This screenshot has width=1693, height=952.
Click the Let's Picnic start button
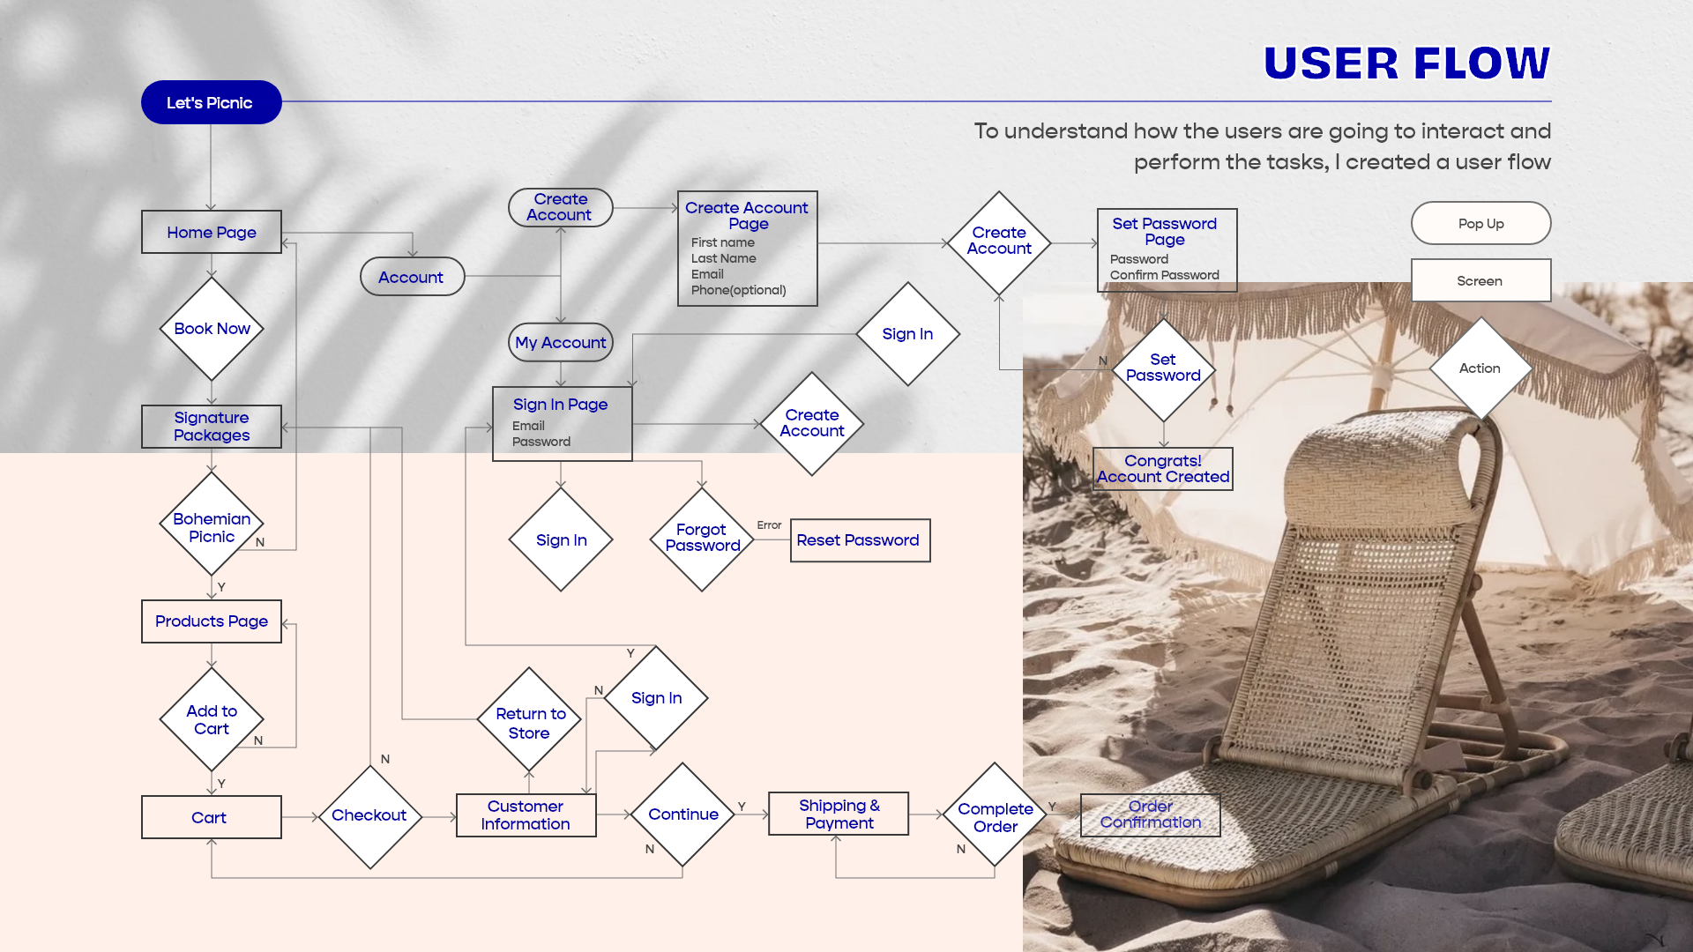coord(211,102)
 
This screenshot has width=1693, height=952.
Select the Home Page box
coord(212,232)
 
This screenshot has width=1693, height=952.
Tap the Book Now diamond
coord(212,329)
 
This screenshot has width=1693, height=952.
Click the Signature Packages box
coord(212,427)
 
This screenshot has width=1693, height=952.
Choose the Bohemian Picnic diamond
coord(212,527)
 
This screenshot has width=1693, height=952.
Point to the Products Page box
coord(212,621)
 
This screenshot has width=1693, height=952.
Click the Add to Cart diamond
coord(212,719)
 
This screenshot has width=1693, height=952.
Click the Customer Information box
coord(526,815)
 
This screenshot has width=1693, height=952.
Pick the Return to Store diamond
coord(529,723)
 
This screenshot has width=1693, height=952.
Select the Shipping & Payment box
coord(839,814)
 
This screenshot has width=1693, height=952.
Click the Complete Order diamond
coord(995,817)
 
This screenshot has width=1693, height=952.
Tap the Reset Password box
coord(860,540)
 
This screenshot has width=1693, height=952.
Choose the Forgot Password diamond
coord(702,539)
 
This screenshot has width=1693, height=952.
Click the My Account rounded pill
coord(561,342)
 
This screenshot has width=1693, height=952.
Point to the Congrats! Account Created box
coord(1163,469)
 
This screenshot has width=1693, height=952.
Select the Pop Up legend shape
coord(1480,223)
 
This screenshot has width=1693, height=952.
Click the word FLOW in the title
coord(1481,63)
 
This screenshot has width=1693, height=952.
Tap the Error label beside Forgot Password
coord(769,525)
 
